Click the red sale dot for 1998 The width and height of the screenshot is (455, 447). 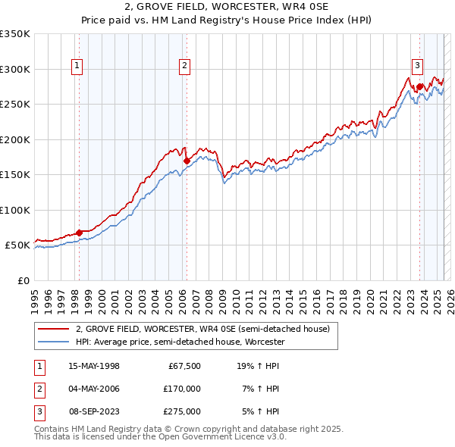click(x=79, y=233)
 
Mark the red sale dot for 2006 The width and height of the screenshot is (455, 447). click(x=187, y=161)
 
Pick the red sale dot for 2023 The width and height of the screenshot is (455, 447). click(x=419, y=86)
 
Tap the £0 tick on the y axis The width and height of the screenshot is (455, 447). click(x=23, y=280)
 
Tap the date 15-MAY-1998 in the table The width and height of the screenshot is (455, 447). click(x=94, y=366)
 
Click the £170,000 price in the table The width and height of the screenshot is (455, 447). click(x=182, y=389)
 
